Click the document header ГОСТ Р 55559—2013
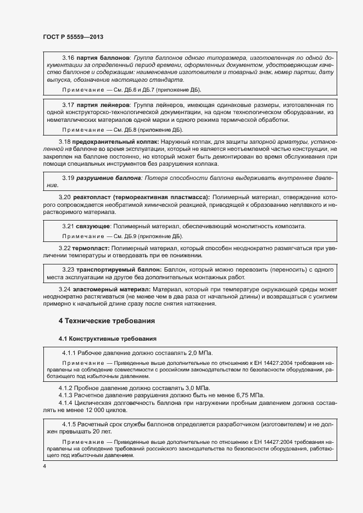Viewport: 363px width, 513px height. click(72, 37)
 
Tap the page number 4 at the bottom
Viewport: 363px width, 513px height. click(44, 466)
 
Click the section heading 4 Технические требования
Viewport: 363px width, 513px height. click(107, 320)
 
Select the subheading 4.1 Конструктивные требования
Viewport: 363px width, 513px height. click(108, 339)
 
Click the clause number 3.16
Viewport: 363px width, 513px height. click(68, 58)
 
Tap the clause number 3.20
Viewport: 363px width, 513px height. click(65, 197)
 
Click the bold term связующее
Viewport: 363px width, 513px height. click(93, 226)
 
